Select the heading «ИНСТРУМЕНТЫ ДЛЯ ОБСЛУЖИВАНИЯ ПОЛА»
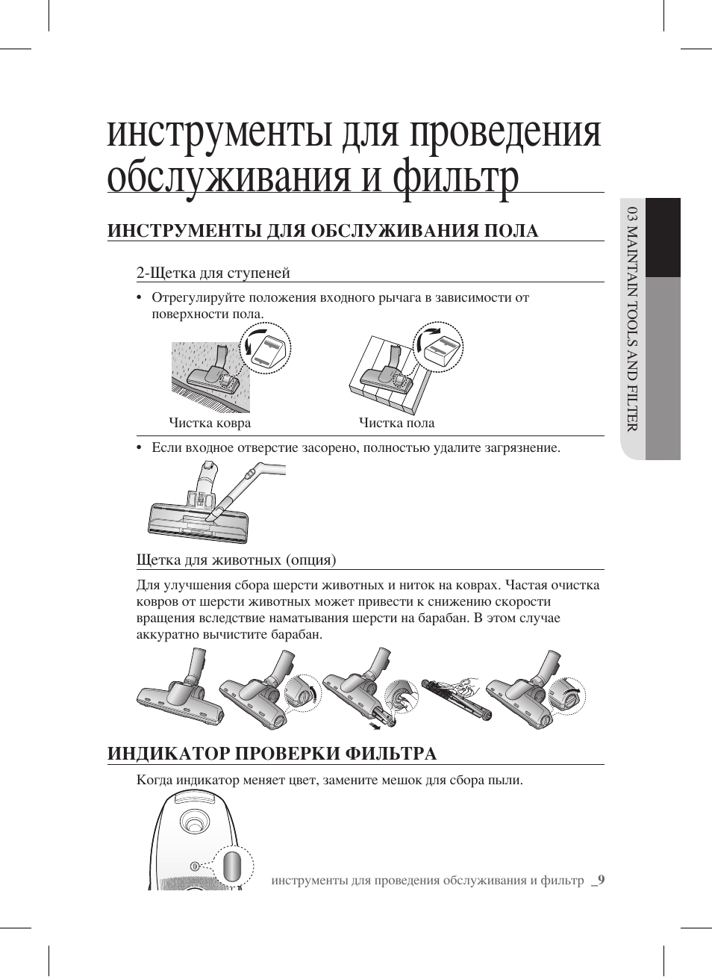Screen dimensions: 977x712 coord(322,231)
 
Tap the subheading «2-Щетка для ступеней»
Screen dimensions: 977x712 coord(213,273)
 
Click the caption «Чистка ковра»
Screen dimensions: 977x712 coord(210,423)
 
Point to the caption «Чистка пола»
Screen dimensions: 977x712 coord(396,423)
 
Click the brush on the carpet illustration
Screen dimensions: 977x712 coord(213,373)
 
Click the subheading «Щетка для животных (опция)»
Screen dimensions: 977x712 coord(236,559)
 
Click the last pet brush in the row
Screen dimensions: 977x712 coord(534,695)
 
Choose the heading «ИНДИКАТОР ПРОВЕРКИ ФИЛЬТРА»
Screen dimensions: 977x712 coord(272,753)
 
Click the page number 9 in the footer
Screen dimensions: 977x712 coord(600,880)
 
